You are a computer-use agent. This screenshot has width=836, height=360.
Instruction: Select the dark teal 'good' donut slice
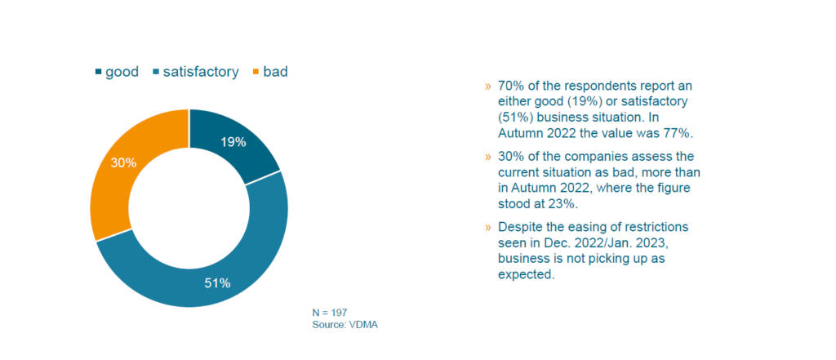[x=237, y=139]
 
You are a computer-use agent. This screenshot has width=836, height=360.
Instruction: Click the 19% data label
[x=233, y=141]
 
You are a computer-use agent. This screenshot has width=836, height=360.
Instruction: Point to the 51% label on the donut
[x=217, y=283]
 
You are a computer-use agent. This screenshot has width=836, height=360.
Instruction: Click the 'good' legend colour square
[x=100, y=72]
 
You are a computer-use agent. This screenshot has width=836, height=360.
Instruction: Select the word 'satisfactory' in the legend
[x=201, y=72]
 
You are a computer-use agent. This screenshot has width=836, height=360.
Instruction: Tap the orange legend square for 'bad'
[x=255, y=72]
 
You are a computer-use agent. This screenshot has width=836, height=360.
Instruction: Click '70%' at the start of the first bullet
[x=510, y=86]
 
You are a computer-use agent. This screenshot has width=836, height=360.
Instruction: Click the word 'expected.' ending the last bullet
[x=526, y=274]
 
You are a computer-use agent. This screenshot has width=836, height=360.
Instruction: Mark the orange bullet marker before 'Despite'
[x=488, y=225]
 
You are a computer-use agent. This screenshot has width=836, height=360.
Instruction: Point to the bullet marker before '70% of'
[x=488, y=86]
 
